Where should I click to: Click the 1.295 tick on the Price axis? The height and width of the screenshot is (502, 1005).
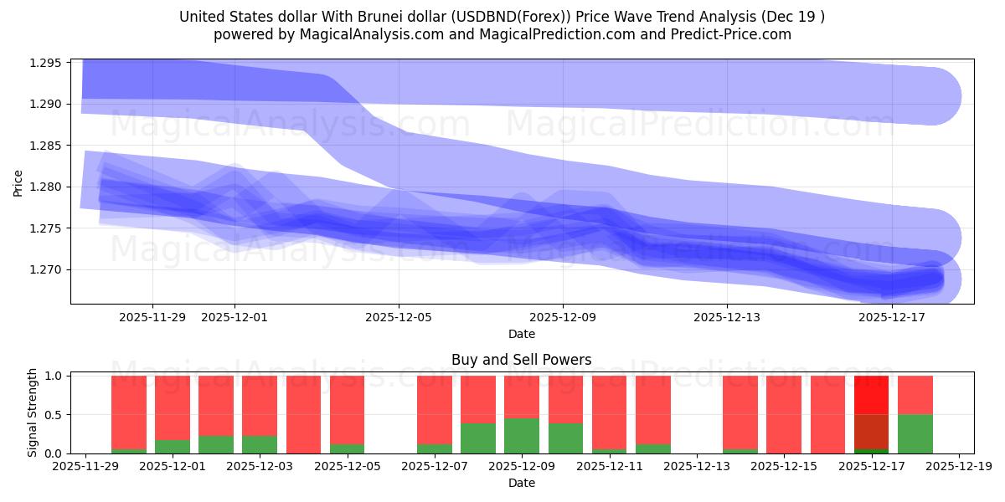pyautogui.click(x=48, y=63)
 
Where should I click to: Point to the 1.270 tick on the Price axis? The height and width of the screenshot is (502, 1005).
pyautogui.click(x=48, y=269)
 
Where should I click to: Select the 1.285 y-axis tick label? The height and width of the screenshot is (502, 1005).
pyautogui.click(x=48, y=146)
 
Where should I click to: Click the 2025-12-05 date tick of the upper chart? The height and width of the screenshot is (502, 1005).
pyautogui.click(x=399, y=317)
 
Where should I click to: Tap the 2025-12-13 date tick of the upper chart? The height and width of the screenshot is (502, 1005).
pyautogui.click(x=727, y=317)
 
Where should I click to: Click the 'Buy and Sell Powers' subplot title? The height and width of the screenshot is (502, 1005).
pyautogui.click(x=521, y=360)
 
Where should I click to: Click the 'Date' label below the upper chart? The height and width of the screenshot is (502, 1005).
pyautogui.click(x=521, y=334)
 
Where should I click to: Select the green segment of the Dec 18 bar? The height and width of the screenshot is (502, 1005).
pyautogui.click(x=915, y=433)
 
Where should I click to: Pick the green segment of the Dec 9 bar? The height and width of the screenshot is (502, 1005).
pyautogui.click(x=522, y=436)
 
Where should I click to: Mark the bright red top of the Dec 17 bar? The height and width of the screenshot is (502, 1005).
pyautogui.click(x=871, y=395)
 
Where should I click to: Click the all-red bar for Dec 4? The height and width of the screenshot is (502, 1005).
pyautogui.click(x=303, y=414)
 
